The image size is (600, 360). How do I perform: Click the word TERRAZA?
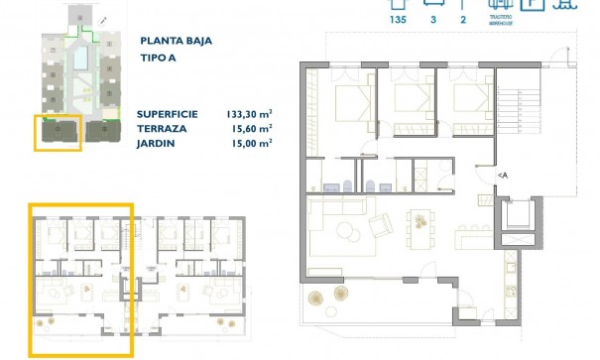click(x=160, y=129)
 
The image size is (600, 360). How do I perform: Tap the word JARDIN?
click(x=156, y=143)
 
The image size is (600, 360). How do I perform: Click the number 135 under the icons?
click(x=399, y=19)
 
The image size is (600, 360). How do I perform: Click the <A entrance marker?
click(x=503, y=176)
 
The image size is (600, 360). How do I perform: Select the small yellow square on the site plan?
click(x=58, y=132)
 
